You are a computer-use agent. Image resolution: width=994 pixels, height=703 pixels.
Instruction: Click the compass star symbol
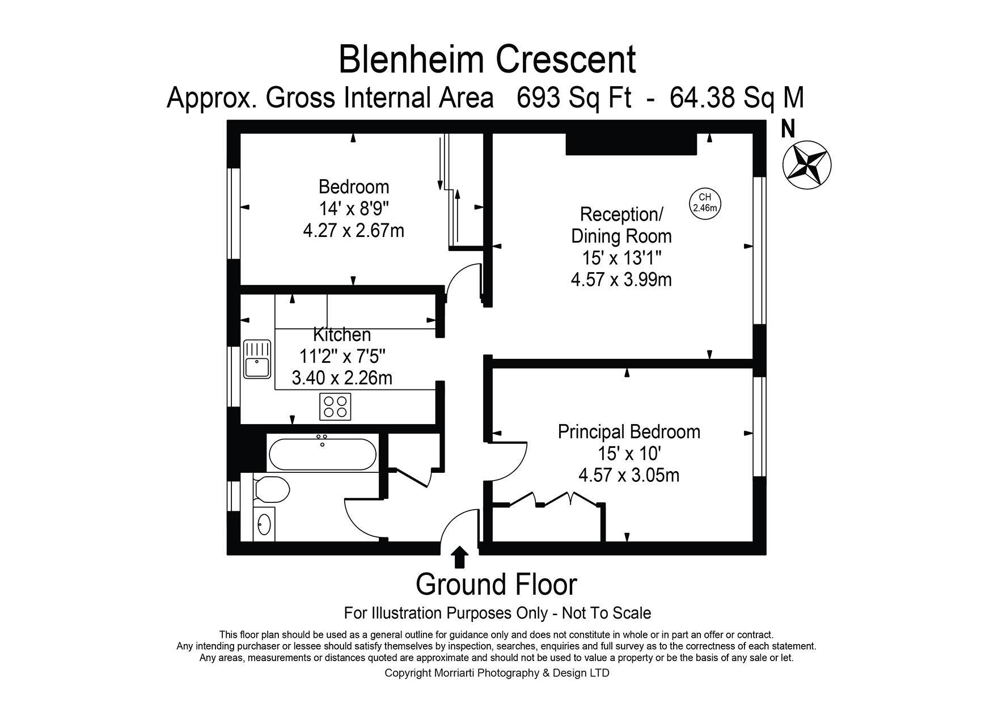tap(806, 164)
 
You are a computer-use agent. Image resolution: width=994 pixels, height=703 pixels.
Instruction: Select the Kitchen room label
tap(342, 334)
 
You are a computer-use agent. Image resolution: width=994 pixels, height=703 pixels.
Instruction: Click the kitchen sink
tap(257, 359)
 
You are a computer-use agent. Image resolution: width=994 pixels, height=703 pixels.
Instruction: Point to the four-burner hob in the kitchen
tap(335, 406)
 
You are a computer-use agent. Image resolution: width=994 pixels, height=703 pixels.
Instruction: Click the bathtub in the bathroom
tap(322, 454)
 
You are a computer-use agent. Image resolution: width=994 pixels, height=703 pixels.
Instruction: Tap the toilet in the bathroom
tap(272, 488)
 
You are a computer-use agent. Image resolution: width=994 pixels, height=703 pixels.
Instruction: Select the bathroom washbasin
tap(264, 524)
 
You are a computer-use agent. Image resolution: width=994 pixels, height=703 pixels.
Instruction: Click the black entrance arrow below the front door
tap(459, 557)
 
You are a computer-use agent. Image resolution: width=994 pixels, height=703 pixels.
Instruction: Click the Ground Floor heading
tap(496, 585)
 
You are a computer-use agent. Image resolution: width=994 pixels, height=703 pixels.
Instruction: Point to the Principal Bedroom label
tap(629, 432)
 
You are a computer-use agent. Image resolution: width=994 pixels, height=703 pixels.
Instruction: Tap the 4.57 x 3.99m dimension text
tap(621, 279)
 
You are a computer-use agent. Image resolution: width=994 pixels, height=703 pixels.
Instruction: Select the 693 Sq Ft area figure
tap(573, 98)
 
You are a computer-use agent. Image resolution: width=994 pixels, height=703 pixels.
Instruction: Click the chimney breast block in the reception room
tap(631, 145)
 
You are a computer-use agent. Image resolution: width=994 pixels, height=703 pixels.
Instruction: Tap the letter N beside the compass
tap(788, 129)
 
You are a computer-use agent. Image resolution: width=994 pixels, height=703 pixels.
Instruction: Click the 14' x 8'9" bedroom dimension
tap(354, 209)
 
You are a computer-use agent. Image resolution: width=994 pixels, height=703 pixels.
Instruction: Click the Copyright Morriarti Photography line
tap(497, 674)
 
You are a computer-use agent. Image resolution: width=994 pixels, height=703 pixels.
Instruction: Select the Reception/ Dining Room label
tap(621, 225)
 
